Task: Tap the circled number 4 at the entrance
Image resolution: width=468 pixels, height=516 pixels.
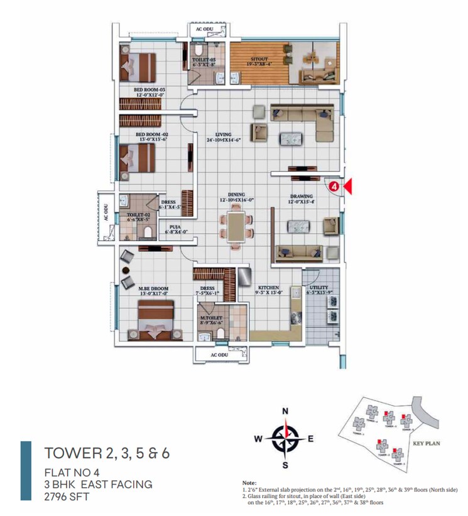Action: tap(335, 186)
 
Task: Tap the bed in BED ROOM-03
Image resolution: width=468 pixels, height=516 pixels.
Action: tap(138, 66)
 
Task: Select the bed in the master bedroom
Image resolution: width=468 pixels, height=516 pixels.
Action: tap(155, 320)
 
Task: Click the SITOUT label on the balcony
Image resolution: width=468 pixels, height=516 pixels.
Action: tap(259, 60)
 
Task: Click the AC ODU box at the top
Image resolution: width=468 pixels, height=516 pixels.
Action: tap(205, 30)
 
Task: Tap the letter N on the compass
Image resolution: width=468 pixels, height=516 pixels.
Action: tap(285, 411)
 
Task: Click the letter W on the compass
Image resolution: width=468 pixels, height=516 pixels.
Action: tap(258, 439)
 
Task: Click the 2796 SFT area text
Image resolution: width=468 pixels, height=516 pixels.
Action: tap(67, 497)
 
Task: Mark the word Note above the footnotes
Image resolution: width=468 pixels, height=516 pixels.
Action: tap(249, 482)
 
